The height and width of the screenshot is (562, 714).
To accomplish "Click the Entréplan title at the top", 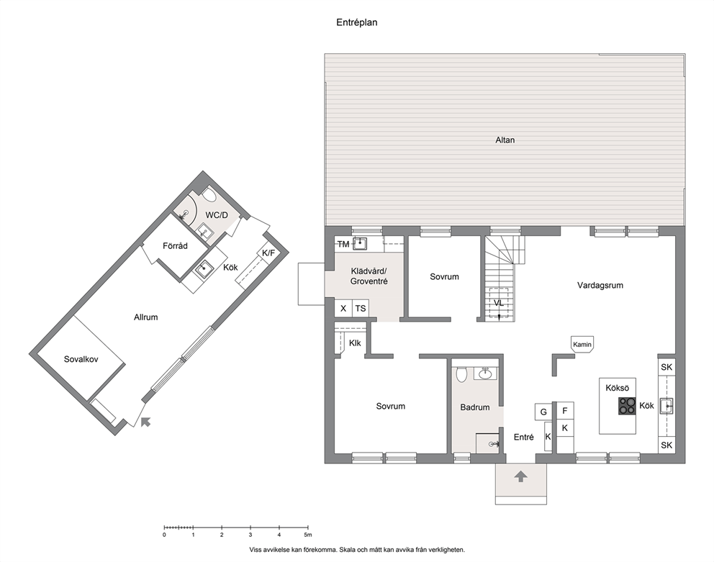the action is click(356, 22).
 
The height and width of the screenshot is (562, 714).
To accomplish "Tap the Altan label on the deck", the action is click(505, 140).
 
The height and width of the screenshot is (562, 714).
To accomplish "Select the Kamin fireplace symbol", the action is click(582, 344).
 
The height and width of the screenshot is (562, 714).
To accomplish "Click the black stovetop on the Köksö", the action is click(627, 406).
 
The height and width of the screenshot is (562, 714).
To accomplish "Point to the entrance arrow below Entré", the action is click(521, 476).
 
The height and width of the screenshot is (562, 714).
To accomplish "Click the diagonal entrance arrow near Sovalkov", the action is click(145, 422).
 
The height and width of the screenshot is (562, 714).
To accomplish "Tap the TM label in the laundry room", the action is click(343, 244).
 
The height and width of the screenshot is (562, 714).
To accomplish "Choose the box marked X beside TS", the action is click(343, 308).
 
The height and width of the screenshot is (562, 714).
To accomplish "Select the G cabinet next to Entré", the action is click(543, 412).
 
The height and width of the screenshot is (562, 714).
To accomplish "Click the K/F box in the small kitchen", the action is click(268, 253).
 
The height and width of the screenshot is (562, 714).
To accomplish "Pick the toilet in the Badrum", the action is click(462, 375).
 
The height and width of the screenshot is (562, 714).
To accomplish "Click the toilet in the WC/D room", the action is click(209, 195).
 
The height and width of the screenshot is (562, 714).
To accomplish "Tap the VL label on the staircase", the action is click(499, 303).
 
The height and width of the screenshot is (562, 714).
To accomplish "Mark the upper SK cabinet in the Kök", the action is click(666, 367).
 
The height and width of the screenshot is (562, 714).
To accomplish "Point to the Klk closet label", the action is click(355, 343).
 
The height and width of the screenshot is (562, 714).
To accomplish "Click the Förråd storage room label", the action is click(176, 246).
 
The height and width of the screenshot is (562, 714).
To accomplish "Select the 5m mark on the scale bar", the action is click(308, 535).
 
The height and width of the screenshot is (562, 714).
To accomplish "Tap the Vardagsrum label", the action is click(600, 286).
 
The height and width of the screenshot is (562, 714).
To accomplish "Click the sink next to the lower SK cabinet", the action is click(666, 405).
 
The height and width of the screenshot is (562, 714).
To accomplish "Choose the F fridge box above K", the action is click(564, 411).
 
